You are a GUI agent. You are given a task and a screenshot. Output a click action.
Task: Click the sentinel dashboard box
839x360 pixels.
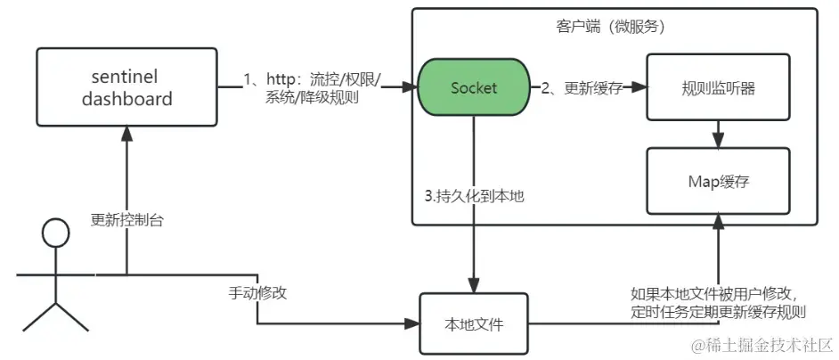click(x=126, y=88)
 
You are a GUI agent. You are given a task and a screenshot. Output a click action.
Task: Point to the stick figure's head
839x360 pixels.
click(x=55, y=234)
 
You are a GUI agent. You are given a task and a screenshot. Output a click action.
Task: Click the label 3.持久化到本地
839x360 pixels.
click(x=473, y=195)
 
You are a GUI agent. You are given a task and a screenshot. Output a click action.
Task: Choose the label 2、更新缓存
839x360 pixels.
click(x=583, y=87)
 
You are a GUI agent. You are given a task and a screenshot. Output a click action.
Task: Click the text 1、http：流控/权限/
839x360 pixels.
click(x=313, y=79)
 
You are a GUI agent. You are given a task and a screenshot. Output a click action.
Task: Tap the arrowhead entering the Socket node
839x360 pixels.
click(x=412, y=88)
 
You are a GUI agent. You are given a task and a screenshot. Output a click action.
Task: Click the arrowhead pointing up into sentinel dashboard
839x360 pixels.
click(x=126, y=135)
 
